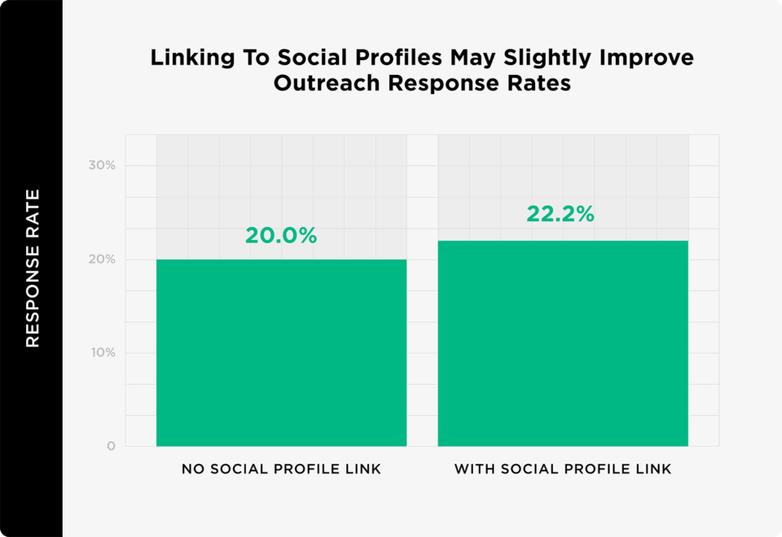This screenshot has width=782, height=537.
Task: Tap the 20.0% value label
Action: pyautogui.click(x=281, y=236)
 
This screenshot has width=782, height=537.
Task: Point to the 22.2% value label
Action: pyautogui.click(x=560, y=214)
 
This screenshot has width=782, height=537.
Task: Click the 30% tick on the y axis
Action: pyautogui.click(x=103, y=165)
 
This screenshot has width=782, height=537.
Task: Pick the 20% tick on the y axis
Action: pyautogui.click(x=103, y=260)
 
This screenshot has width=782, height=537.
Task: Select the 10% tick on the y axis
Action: pyautogui.click(x=103, y=353)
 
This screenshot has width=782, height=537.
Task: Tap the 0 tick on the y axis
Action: pyautogui.click(x=111, y=447)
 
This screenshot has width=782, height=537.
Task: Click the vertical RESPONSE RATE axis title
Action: pyautogui.click(x=32, y=268)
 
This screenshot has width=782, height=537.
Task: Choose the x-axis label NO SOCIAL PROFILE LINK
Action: pyautogui.click(x=281, y=469)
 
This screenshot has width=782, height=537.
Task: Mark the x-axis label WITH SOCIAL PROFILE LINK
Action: pyautogui.click(x=563, y=469)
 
